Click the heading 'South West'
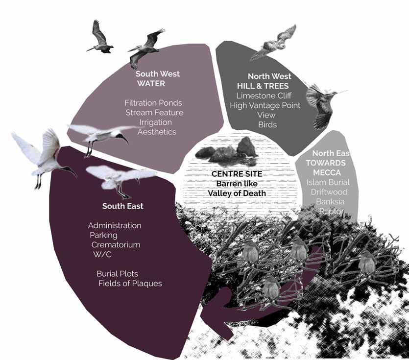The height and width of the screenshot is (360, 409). coord(158,74)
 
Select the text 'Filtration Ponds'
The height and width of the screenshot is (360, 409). coord(153,103)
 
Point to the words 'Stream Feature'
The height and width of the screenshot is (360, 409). coord(154,113)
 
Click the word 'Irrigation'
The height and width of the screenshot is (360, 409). coord(155,122)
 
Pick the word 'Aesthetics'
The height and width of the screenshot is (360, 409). coord(157,132)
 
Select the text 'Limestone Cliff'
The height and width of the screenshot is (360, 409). coord(264,96)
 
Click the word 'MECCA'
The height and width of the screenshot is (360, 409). coord(326,172)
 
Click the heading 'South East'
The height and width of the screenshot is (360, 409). coord(123,206)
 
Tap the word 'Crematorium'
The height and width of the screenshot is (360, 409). coord(116,244)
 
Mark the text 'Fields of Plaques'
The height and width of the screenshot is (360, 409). coord(130,283)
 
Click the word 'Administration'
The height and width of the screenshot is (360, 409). coord(115,225)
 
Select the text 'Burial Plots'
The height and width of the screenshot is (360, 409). coord(117,273)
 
